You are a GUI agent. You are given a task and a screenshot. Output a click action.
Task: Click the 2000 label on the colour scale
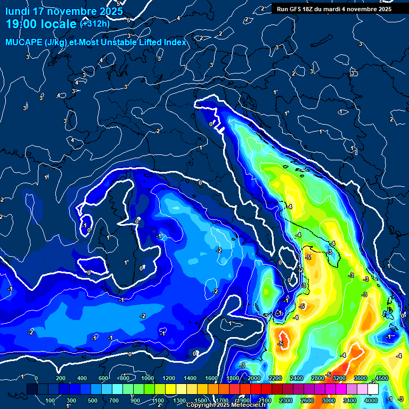click(x=253, y=378)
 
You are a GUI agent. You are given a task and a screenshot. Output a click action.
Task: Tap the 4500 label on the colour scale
click(x=381, y=378)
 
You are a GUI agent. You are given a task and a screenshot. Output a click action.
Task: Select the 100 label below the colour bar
click(x=51, y=400)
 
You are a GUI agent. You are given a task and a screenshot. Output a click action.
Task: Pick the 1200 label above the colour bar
click(x=168, y=378)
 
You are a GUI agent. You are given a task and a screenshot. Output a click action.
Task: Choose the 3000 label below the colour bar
click(x=328, y=400)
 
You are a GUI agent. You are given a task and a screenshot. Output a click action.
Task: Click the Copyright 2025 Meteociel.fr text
click(x=226, y=405)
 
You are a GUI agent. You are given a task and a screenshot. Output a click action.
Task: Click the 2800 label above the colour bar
click(x=317, y=378)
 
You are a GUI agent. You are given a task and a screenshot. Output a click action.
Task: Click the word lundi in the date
click(x=18, y=11)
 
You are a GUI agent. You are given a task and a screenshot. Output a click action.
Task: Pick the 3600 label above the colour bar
click(x=360, y=378)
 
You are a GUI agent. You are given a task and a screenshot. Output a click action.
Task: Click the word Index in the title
click(x=176, y=42)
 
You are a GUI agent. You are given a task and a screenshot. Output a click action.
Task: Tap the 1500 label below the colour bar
click(x=200, y=400)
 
